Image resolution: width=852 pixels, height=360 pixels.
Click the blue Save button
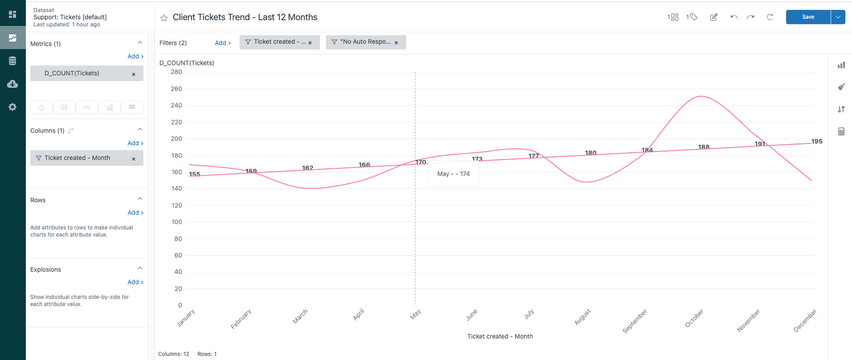point(808,17)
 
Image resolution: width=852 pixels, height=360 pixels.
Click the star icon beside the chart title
point(164,18)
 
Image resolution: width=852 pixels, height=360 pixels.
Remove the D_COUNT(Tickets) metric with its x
point(133,74)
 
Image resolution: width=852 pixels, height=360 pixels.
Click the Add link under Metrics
point(135,56)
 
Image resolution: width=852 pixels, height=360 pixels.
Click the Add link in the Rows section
point(135,212)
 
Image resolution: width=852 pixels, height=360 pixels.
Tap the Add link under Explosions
point(135,282)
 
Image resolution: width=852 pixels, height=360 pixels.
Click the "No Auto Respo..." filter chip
point(365,42)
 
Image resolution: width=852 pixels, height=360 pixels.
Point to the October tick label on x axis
point(694,318)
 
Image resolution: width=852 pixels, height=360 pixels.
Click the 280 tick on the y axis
point(176,72)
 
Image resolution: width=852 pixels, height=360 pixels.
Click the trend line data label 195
point(816,141)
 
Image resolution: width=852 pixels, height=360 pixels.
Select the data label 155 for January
point(195,174)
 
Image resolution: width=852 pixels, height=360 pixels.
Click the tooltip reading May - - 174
point(453,174)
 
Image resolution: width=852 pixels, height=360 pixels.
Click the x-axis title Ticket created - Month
point(500,336)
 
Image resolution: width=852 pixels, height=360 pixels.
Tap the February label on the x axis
point(241,319)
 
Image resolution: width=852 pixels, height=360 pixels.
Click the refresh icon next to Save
point(769,17)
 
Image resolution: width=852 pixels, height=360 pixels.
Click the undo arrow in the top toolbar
point(734,17)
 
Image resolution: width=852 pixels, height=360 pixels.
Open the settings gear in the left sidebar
point(13,107)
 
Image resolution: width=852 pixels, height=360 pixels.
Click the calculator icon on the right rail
point(841,131)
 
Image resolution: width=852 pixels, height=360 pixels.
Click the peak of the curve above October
point(700,96)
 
